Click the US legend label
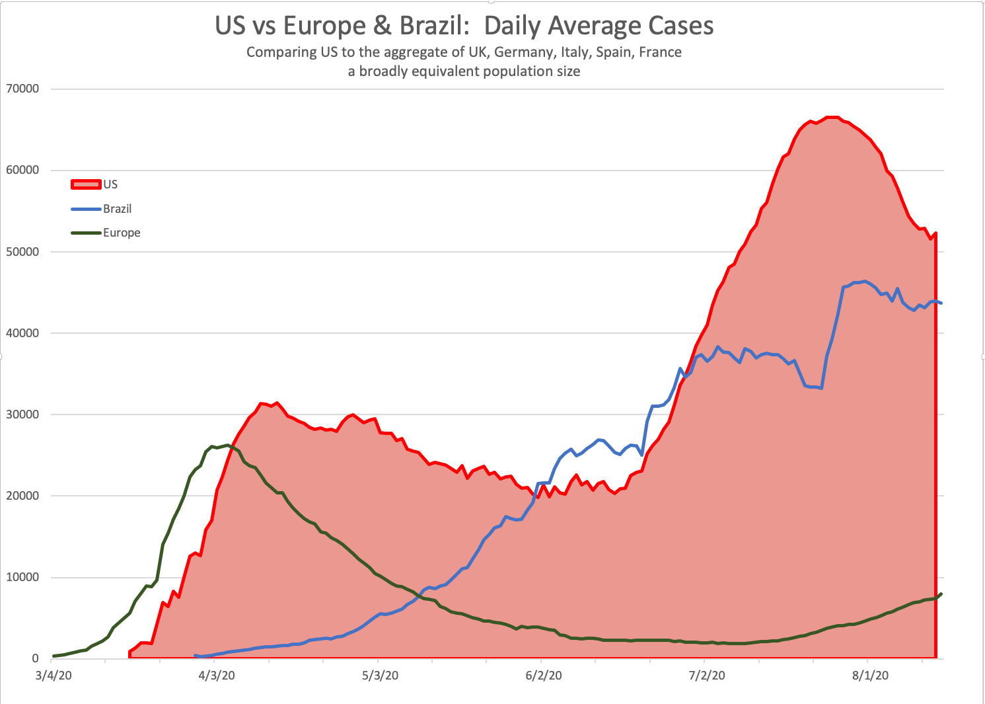tap(110, 184)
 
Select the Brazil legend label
tap(118, 209)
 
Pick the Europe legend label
tap(122, 233)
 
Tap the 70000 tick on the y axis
tap(22, 89)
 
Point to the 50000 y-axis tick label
tap(22, 252)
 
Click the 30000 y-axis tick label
tap(22, 414)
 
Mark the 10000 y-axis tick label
tap(22, 578)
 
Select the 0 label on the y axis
tap(35, 659)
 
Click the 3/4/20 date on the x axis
tap(54, 676)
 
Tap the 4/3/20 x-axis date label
tap(217, 676)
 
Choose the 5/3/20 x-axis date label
tap(381, 676)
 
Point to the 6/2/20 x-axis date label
tap(544, 676)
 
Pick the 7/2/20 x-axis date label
tap(707, 676)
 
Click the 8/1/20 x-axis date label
tap(870, 676)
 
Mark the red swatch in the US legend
tap(86, 184)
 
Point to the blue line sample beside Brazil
tap(86, 209)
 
